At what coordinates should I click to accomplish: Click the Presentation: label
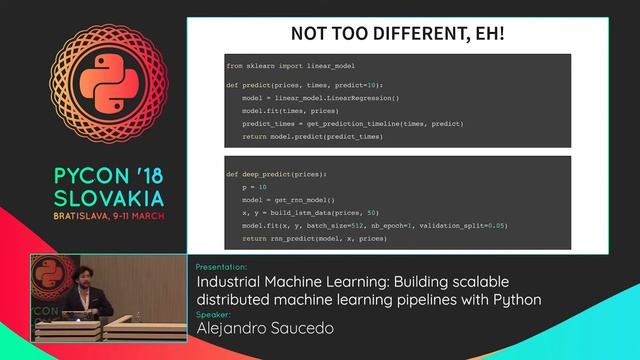(x=222, y=267)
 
